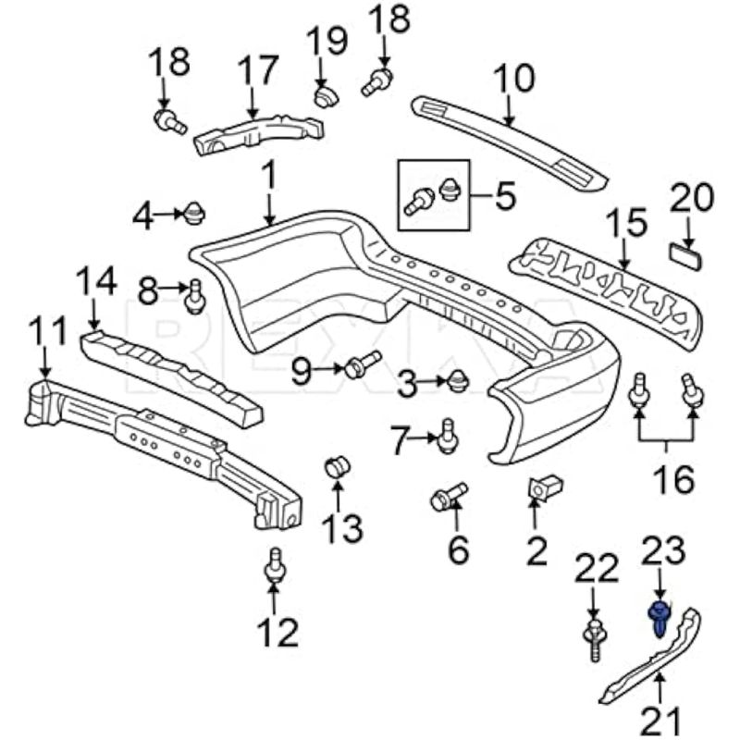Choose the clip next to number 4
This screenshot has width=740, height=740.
pyautogui.click(x=193, y=214)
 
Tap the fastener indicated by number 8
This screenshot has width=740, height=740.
pyautogui.click(x=194, y=296)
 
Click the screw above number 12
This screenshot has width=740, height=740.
pyautogui.click(x=274, y=566)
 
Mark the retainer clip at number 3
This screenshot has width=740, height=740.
pyautogui.click(x=457, y=380)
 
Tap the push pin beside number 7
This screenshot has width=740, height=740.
pyautogui.click(x=447, y=437)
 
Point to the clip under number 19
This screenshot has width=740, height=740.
pyautogui.click(x=325, y=94)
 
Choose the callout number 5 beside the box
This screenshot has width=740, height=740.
pyautogui.click(x=505, y=195)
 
